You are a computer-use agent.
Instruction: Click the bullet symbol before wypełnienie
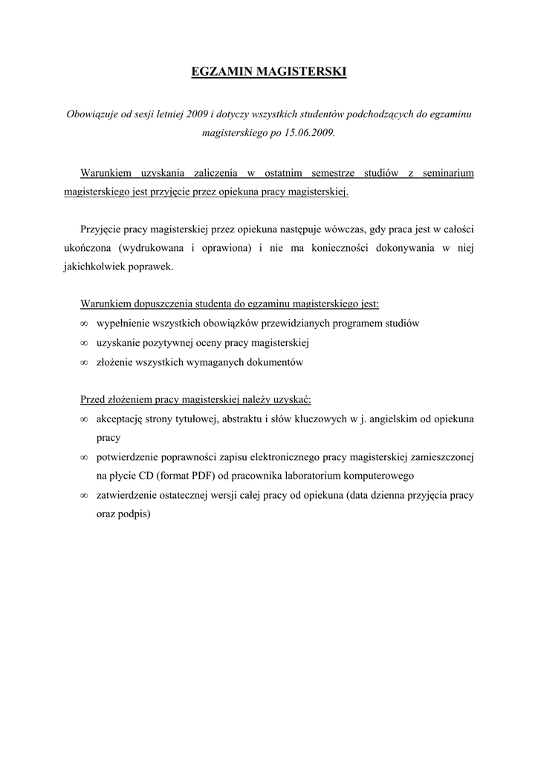tap(84, 324)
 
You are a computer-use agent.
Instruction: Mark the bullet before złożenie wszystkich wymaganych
tap(84, 363)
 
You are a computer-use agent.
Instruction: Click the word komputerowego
tap(376, 476)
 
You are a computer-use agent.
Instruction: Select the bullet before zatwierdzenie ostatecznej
tap(84, 495)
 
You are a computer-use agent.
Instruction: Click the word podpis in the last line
tap(133, 514)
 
